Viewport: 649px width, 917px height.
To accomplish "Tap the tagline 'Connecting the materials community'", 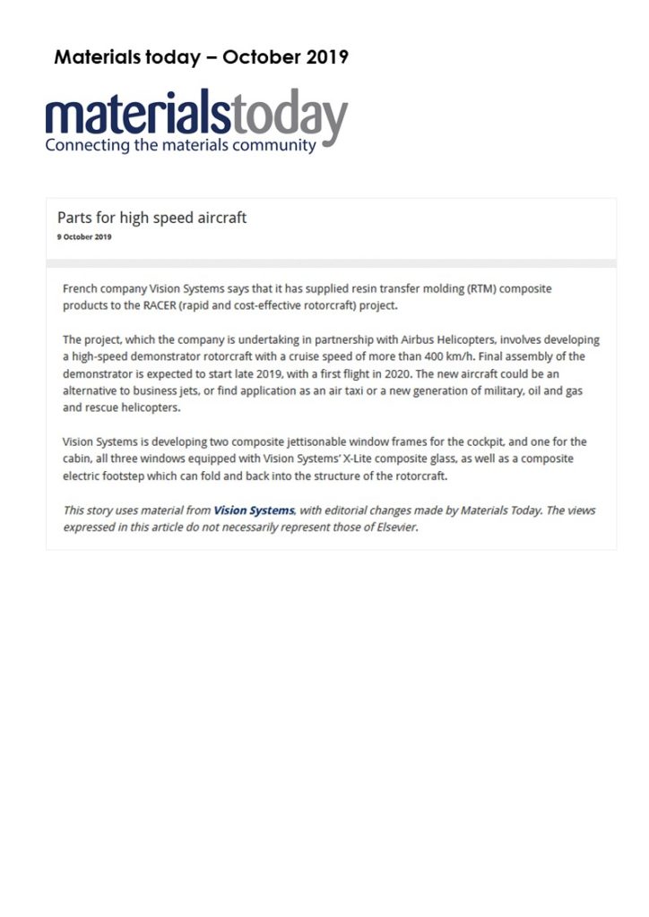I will coord(180,145).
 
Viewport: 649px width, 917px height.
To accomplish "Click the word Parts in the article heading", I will coord(74,218).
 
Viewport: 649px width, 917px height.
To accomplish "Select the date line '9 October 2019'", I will coord(84,237).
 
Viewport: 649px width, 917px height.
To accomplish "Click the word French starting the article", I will coord(82,289).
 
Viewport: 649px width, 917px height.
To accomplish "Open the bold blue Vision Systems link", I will coord(254,510).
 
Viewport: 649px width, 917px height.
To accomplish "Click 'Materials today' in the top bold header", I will coord(127,57).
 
